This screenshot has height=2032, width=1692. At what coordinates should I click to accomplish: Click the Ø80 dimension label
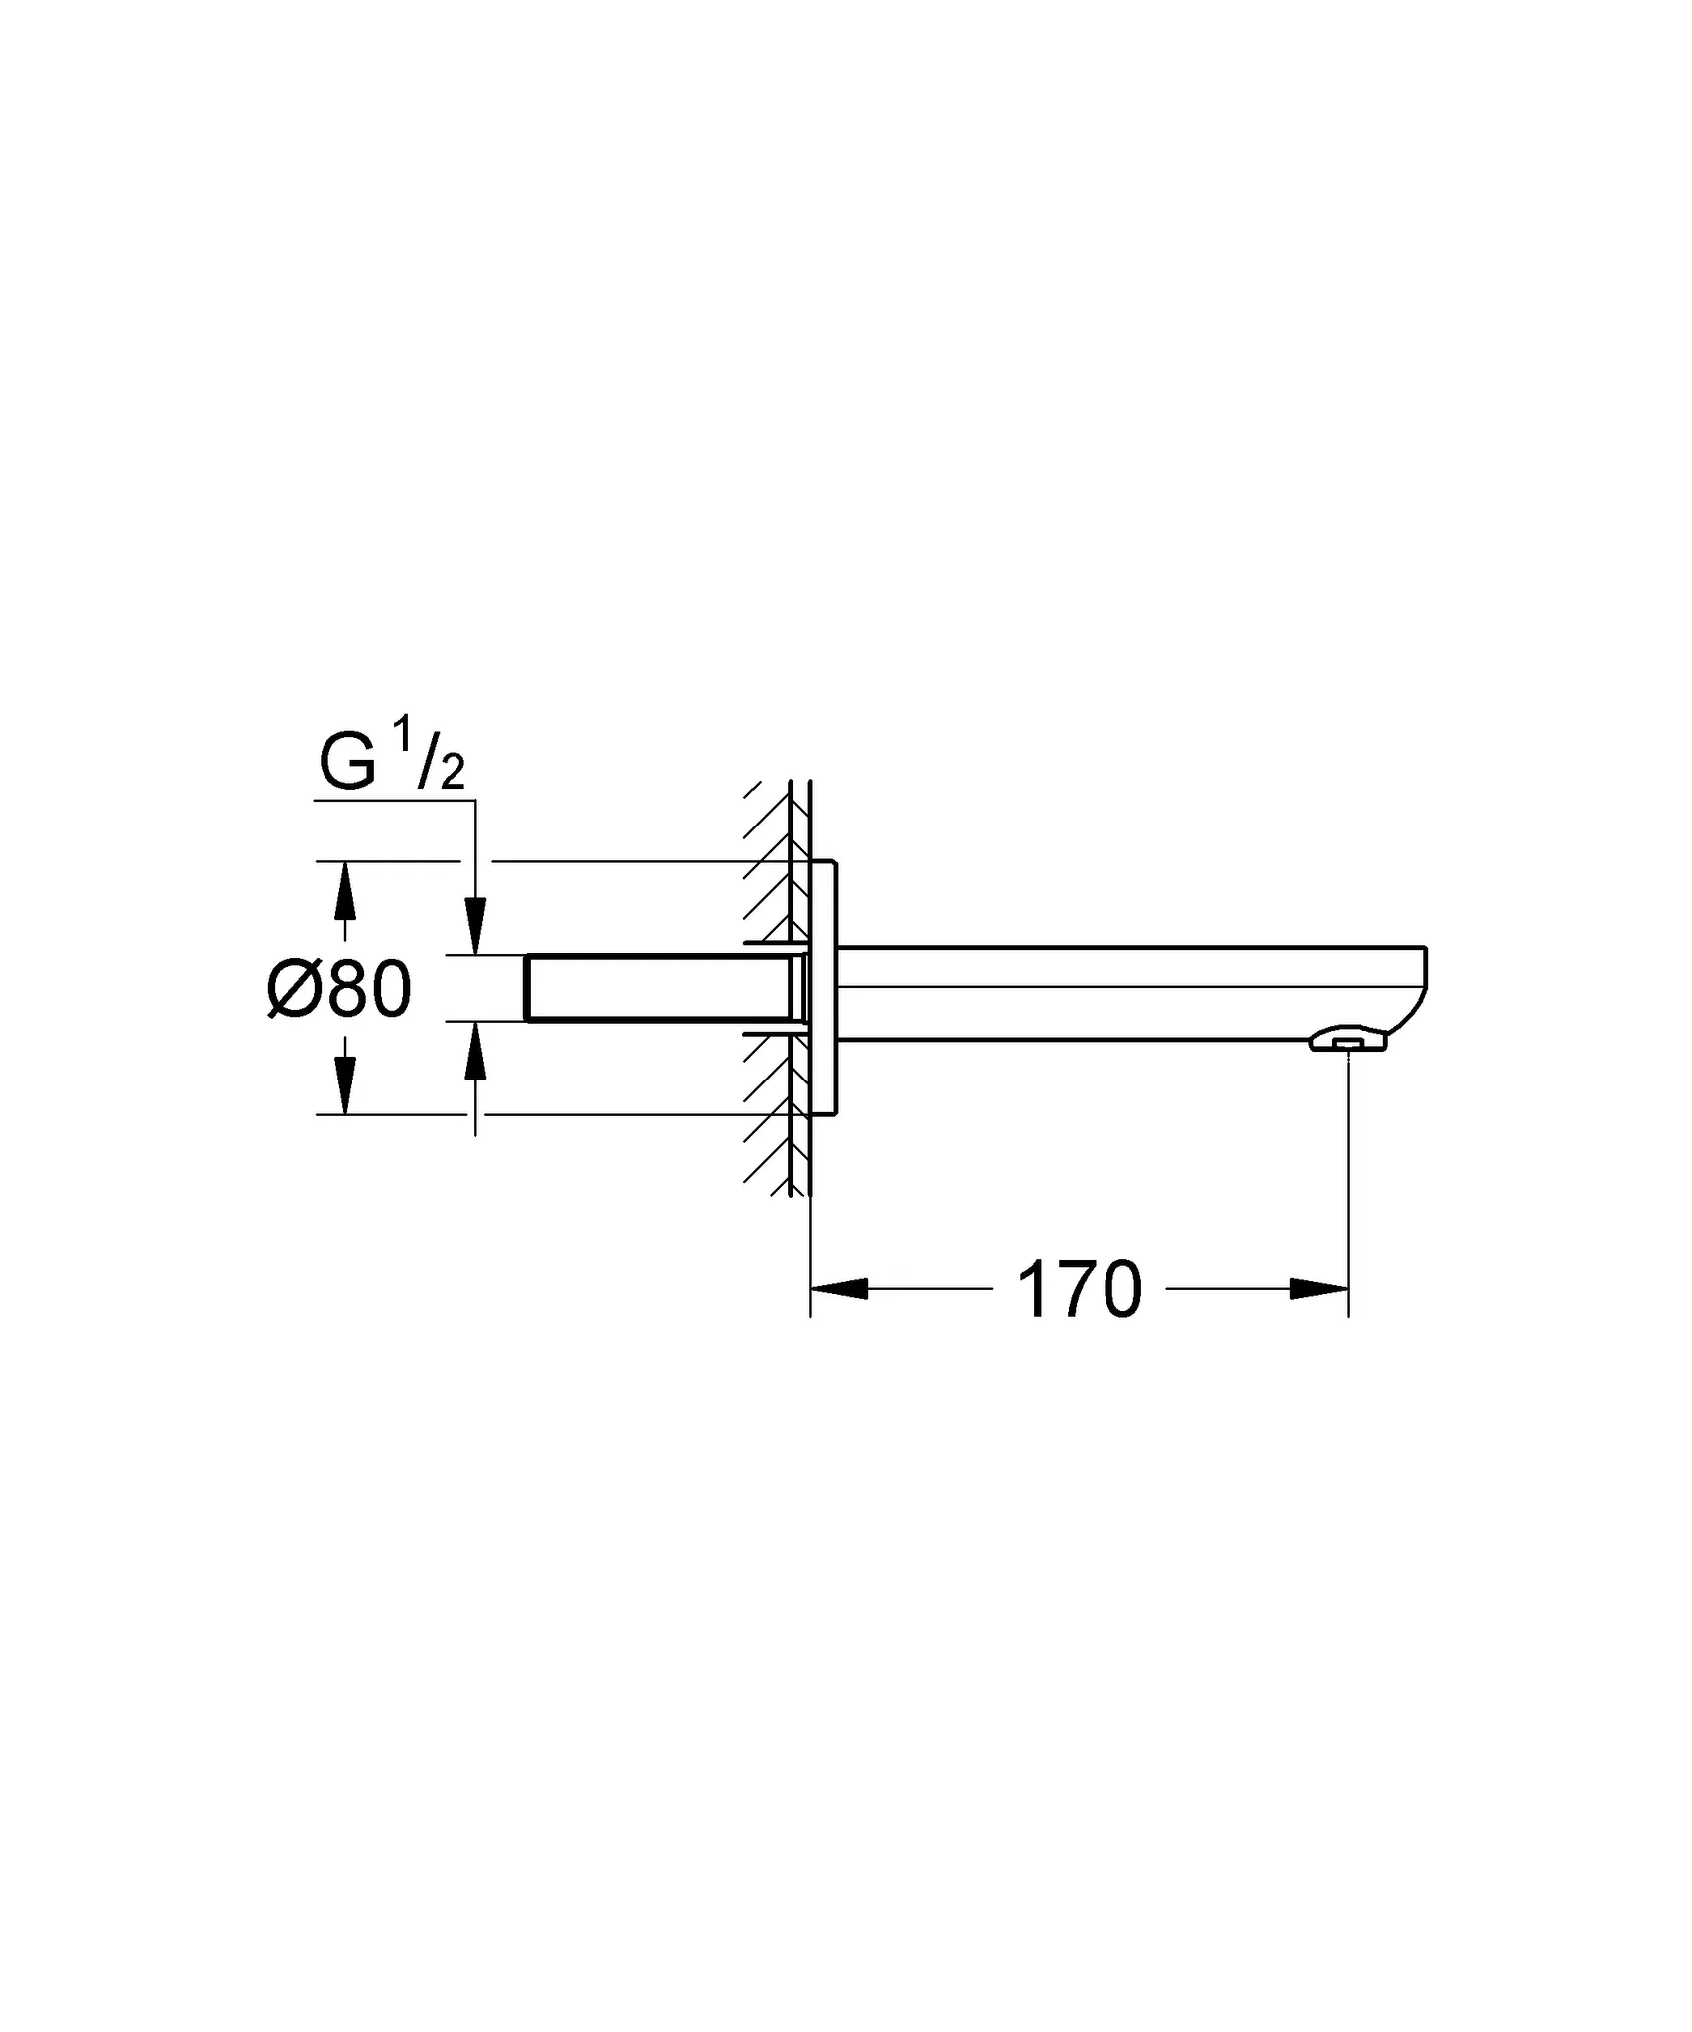point(339,990)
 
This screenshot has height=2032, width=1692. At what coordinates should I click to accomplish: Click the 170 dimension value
point(1080,1290)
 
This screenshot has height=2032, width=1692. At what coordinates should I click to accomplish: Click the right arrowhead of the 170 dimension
point(1320,1289)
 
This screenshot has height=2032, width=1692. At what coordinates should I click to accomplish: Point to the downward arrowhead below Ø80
point(344,1086)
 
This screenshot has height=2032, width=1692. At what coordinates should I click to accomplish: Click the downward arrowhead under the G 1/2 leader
point(476,926)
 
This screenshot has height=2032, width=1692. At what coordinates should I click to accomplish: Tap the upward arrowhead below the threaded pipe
point(476,1052)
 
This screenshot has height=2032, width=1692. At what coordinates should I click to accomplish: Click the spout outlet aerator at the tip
point(1347,1041)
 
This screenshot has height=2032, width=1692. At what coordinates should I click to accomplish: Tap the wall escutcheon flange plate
point(824,988)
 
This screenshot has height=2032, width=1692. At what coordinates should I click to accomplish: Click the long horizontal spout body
point(1121,992)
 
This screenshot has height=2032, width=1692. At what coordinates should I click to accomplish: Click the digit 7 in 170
point(1080,1290)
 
